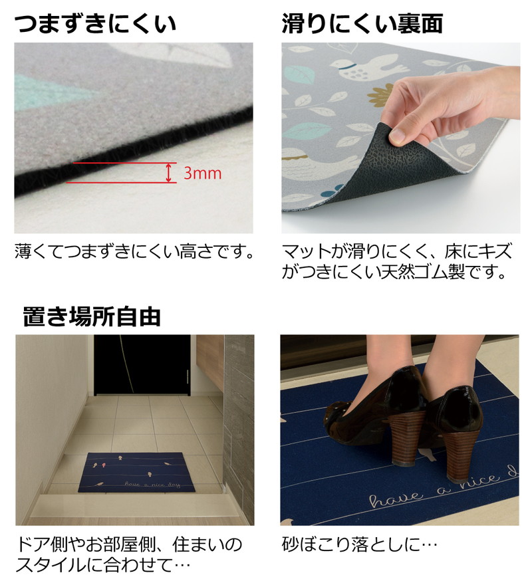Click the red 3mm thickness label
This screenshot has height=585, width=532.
[x=202, y=173]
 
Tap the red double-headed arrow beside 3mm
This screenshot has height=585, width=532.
[x=170, y=173]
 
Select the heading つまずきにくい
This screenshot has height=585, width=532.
[x=95, y=23]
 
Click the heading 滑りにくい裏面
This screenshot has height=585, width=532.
[x=362, y=23]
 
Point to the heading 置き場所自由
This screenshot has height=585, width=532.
[x=92, y=316]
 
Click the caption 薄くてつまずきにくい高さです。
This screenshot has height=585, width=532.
[x=134, y=251]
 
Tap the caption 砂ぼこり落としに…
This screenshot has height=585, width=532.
[x=360, y=544]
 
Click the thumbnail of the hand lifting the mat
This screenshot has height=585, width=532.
[x=400, y=138]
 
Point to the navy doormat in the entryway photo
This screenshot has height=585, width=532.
[x=136, y=473]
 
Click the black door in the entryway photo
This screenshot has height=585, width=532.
[x=142, y=364]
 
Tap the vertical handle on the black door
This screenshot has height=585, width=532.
[x=187, y=381]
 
